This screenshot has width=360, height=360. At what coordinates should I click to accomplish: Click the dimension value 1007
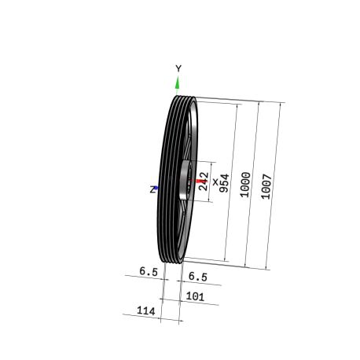pyautogui.click(x=266, y=186)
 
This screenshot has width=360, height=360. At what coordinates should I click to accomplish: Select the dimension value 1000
pyautogui.click(x=245, y=185)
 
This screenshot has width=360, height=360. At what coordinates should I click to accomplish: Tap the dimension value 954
pyautogui.click(x=224, y=183)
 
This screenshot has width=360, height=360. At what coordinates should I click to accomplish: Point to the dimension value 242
pyautogui.click(x=204, y=181)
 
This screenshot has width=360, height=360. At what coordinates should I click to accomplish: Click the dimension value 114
pyautogui.click(x=146, y=310)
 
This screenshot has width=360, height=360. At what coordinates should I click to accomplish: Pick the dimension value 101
pyautogui.click(x=195, y=296)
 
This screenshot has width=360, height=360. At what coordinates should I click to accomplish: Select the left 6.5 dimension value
pyautogui.click(x=149, y=271)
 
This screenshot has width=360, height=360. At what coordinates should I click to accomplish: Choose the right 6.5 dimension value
pyautogui.click(x=198, y=277)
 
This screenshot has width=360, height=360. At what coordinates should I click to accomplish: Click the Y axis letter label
pyautogui.click(x=178, y=68)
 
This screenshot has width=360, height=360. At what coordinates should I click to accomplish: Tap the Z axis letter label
pyautogui.click(x=152, y=189)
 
